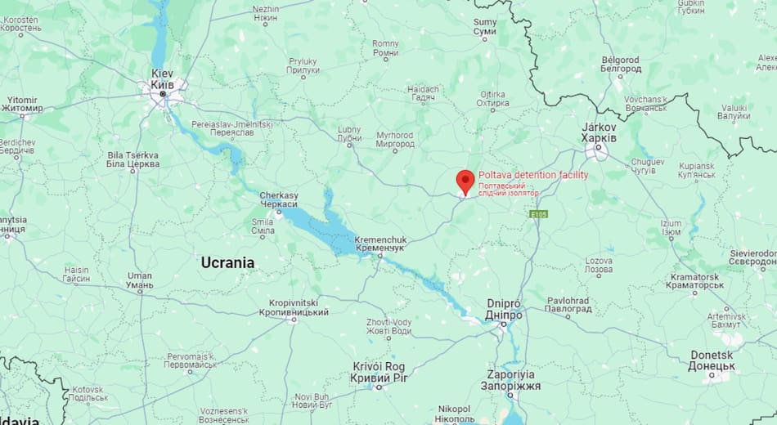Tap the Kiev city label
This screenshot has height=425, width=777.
coord(162,78)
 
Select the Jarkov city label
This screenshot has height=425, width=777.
coord(599,133)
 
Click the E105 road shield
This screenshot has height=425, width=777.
coord(537,214)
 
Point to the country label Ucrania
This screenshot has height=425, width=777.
coord(227,262)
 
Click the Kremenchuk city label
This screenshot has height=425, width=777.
coord(380,244)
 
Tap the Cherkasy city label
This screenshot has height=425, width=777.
coord(279,200)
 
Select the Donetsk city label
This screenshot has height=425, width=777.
coord(712,360)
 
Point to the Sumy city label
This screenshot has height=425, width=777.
coord(485,26)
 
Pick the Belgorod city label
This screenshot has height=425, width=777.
coord(621,65)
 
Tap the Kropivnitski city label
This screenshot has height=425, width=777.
coord(294,307)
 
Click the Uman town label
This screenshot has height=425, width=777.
coord(140,281)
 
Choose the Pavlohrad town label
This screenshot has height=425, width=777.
coord(568,305)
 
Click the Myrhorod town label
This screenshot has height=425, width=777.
coord(395,140)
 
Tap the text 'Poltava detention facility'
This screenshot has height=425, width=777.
coord(532,175)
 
